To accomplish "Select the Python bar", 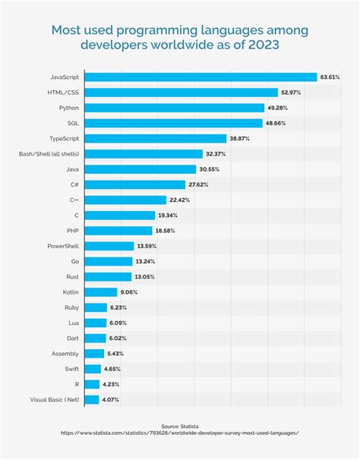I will coord(174,108).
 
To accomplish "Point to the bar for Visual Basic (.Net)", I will coord(91,399).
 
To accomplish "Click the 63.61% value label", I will coord(330,77).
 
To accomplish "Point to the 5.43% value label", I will coord(116,354).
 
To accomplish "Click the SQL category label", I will coord(73,123).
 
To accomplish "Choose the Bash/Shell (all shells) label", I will coord(49,154).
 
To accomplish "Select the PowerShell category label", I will coord(62,246).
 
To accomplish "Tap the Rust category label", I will coord(71,277).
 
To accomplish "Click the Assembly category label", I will coord(64,354).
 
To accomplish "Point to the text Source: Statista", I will coord(179,427).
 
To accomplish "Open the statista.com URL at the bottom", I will coord(179,434).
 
